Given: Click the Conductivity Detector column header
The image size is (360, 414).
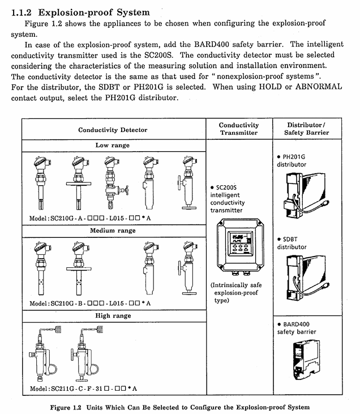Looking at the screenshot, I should point(113,130).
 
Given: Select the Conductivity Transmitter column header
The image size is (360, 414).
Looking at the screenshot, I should point(239,129).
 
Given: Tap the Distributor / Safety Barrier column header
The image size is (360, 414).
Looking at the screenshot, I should point(306,129).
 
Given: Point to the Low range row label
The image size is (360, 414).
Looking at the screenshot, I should point(113,146).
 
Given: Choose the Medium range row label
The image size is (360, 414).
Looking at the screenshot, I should point(113,231).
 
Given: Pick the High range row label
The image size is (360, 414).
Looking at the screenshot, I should point(113,316).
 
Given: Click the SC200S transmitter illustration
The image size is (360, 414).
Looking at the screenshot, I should point(239,246).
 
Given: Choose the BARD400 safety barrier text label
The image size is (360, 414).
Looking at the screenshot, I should point(297,328).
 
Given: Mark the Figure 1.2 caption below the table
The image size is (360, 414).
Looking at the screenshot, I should point(179,407).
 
